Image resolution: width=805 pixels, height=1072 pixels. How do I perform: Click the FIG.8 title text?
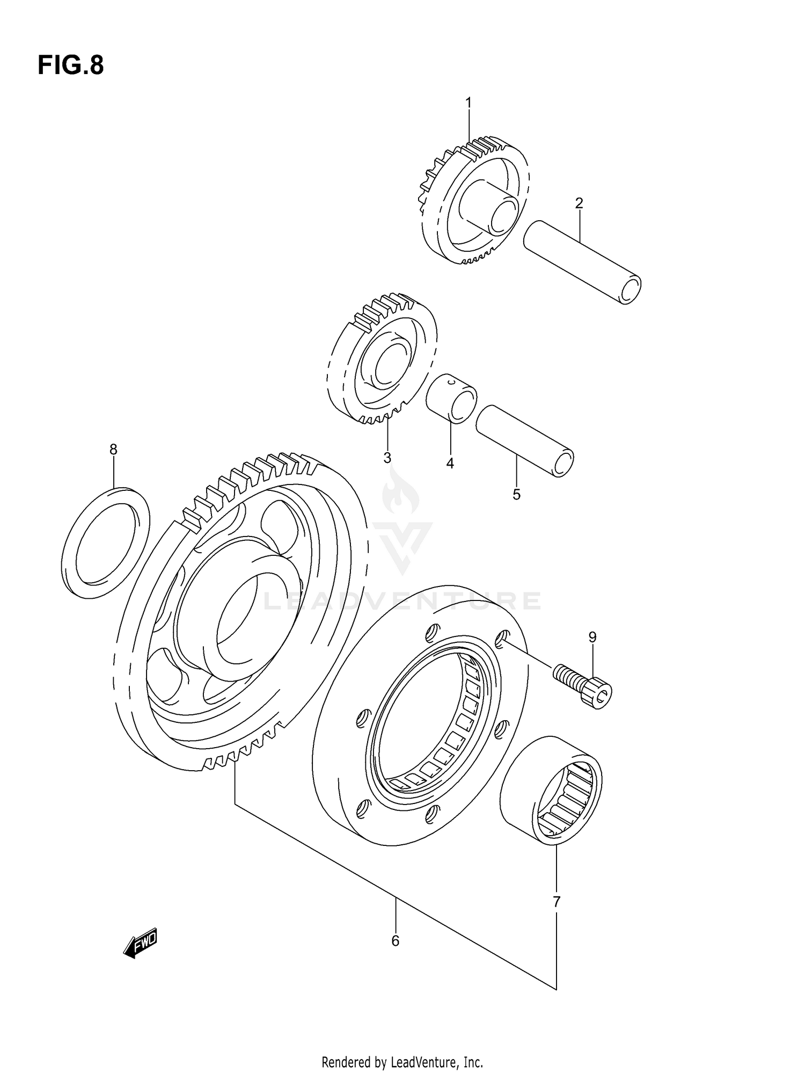point(70,66)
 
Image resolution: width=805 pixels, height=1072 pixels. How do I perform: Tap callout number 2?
point(579,203)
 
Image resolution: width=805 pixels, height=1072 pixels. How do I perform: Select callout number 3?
point(387,458)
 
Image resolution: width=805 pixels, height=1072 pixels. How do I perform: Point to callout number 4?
point(450,463)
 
